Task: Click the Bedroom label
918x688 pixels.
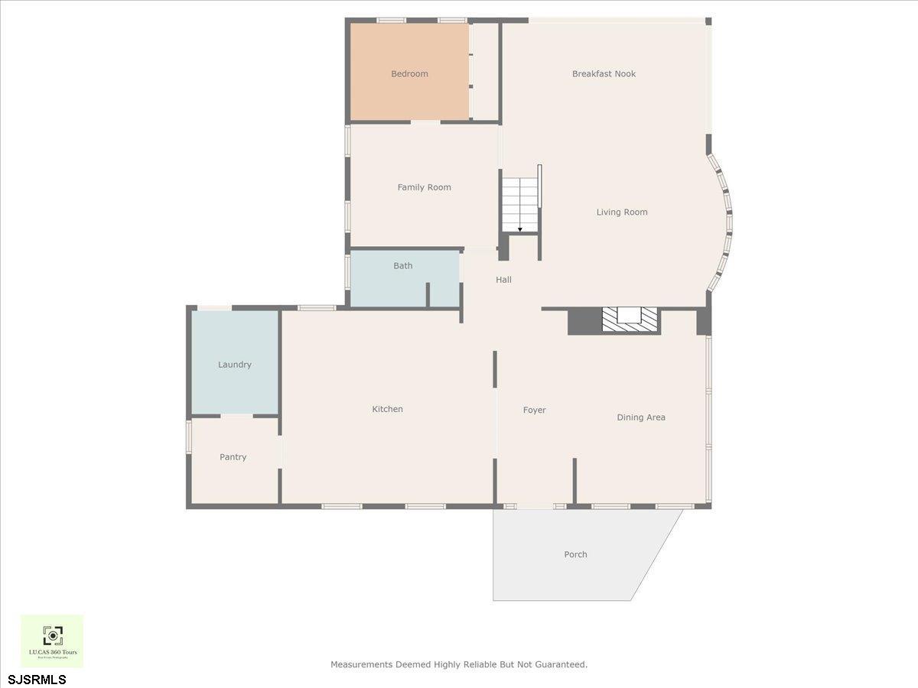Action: tap(409, 74)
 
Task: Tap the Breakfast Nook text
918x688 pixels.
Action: tap(604, 74)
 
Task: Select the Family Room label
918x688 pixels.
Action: tap(424, 187)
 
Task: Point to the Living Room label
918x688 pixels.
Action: tap(622, 213)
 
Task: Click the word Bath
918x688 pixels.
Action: tap(403, 266)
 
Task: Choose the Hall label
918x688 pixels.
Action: tap(503, 280)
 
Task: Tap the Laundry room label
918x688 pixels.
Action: tap(234, 365)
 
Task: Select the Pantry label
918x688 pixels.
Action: tap(233, 457)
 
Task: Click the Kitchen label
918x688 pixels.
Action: tap(387, 409)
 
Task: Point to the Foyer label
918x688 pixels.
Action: tap(534, 411)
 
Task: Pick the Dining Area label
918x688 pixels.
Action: tap(641, 417)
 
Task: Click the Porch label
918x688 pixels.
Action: tap(575, 555)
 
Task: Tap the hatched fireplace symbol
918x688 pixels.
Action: tap(629, 319)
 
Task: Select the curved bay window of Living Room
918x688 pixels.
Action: tap(723, 222)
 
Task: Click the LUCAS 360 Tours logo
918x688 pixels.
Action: tap(52, 641)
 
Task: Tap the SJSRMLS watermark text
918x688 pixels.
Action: tap(37, 679)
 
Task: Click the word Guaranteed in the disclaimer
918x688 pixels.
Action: tap(562, 664)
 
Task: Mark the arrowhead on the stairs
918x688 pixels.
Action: tap(520, 229)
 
